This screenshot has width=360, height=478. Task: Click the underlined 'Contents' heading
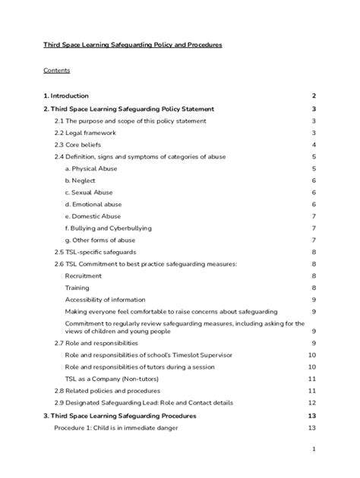[56, 71]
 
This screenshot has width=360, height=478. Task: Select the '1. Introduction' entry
[66, 96]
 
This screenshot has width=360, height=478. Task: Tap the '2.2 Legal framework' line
[84, 132]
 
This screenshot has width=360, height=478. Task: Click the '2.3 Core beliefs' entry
[77, 144]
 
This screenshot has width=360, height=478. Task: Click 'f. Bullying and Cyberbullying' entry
[109, 228]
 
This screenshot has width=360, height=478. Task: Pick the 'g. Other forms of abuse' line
[99, 240]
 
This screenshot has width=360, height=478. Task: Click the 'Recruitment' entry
[83, 275]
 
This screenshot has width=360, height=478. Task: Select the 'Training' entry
[77, 288]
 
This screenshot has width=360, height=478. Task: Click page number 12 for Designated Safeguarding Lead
[311, 403]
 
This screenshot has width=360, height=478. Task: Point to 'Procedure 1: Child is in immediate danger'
[116, 428]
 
